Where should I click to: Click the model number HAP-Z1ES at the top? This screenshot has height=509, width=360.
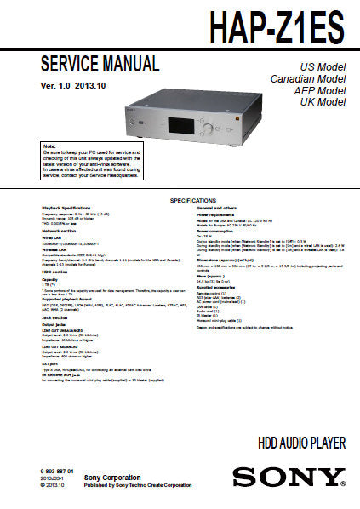[278, 26]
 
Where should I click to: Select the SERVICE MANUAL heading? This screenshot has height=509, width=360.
[100, 64]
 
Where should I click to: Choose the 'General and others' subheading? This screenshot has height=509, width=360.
[218, 208]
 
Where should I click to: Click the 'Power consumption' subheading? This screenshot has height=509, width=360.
[217, 231]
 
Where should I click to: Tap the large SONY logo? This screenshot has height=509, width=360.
[289, 476]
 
